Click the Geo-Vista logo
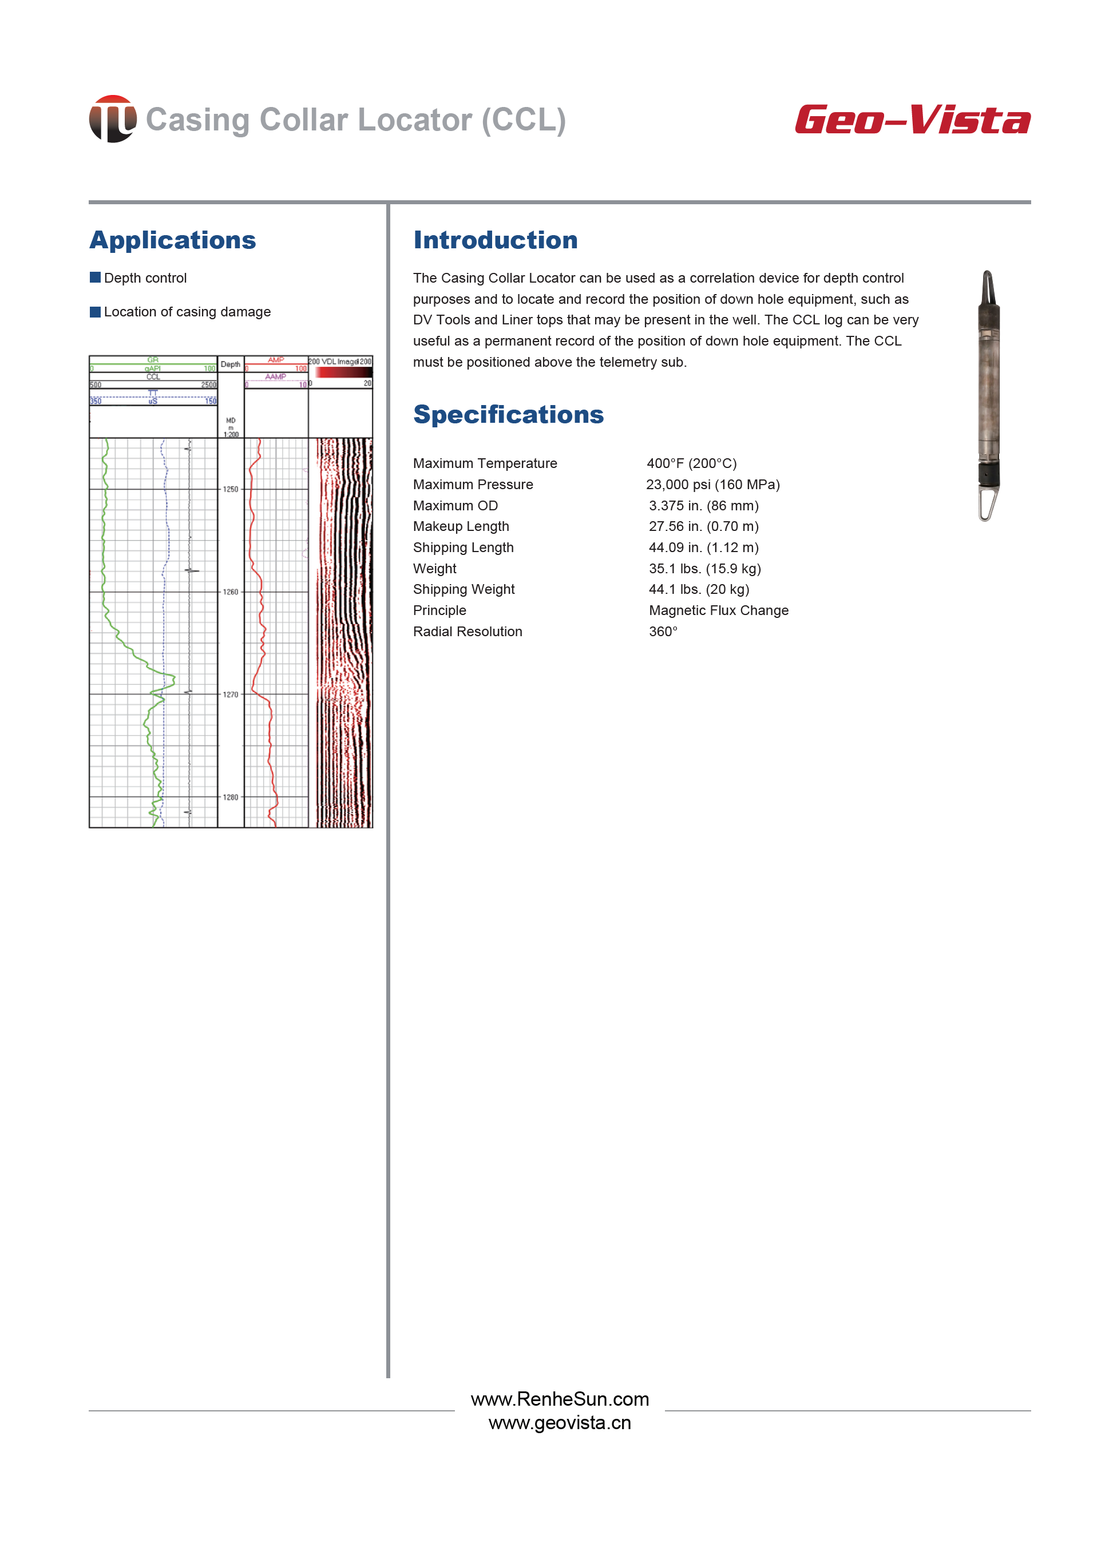(x=912, y=120)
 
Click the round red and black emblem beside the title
(x=113, y=118)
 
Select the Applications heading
(x=173, y=240)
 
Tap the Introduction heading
(x=496, y=240)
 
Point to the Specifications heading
(x=508, y=415)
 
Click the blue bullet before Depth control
(x=96, y=277)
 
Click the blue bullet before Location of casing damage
(x=96, y=312)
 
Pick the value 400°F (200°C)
(x=691, y=464)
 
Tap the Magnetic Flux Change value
(x=719, y=611)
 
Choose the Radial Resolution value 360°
(x=663, y=632)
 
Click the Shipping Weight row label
(x=464, y=590)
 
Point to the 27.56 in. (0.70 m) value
(x=703, y=526)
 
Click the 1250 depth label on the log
(x=231, y=490)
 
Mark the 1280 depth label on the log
(x=231, y=798)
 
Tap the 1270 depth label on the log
(x=231, y=695)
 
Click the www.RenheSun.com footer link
(x=560, y=1399)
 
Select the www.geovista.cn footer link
(x=560, y=1423)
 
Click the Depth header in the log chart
(x=231, y=365)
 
